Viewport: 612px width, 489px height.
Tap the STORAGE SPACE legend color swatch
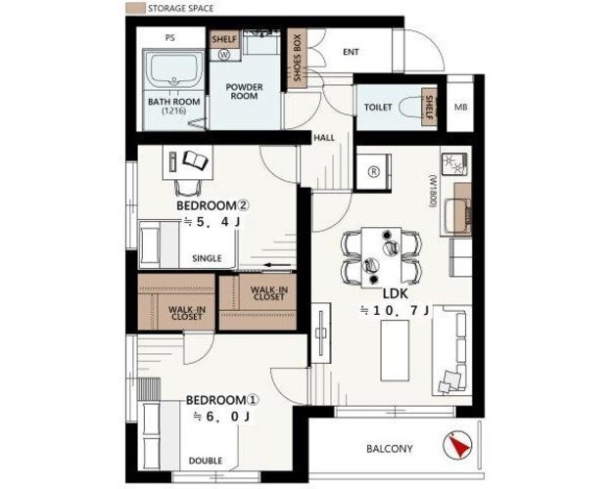(136, 8)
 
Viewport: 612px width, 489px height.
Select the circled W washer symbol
(224, 54)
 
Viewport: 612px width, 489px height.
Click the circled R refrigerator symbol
(374, 171)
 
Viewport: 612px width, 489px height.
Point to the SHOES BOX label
(297, 58)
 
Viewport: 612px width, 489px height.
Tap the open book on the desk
(196, 160)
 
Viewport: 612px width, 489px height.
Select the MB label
(460, 107)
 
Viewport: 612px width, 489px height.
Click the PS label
(169, 38)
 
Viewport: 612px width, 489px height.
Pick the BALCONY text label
(389, 449)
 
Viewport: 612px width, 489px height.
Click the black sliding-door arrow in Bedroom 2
(277, 266)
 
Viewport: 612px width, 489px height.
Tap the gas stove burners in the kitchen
(454, 164)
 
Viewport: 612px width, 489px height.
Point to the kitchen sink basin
(457, 216)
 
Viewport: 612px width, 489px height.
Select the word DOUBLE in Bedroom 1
(206, 461)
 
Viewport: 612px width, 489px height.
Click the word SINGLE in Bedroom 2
(207, 258)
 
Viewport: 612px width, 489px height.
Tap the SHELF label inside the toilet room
(429, 108)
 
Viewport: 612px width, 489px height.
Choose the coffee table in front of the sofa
(395, 350)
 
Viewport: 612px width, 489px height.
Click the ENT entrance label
(351, 52)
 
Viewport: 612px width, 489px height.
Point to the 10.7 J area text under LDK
(395, 310)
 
